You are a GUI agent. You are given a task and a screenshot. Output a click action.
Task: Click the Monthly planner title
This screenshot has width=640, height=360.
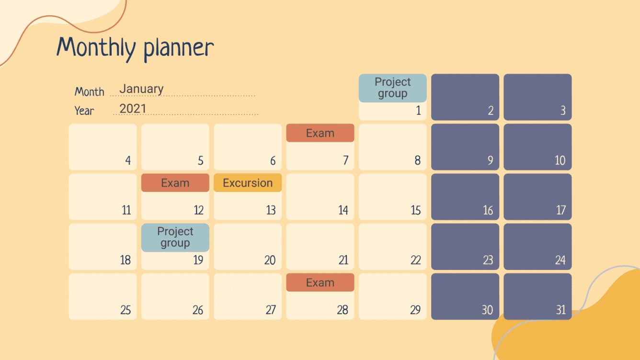click(135, 48)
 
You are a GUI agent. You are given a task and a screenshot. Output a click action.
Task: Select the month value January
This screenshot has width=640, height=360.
click(141, 89)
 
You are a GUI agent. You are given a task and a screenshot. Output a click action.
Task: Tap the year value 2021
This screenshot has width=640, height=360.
click(133, 108)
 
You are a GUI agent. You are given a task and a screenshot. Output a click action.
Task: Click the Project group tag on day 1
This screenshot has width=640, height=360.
click(392, 88)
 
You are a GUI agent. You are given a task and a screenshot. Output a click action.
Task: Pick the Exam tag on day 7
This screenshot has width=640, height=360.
click(320, 133)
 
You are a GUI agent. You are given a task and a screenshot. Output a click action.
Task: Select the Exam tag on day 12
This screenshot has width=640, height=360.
click(175, 183)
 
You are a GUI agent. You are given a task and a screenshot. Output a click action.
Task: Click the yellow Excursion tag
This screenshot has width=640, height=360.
click(248, 183)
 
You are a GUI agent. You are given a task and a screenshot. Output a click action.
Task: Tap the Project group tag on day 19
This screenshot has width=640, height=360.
click(175, 237)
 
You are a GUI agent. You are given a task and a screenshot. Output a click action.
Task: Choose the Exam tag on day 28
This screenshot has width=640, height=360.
click(320, 282)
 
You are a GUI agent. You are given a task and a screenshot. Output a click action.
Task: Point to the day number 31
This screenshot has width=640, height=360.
click(560, 310)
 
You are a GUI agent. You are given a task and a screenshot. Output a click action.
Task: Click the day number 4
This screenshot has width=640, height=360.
click(128, 160)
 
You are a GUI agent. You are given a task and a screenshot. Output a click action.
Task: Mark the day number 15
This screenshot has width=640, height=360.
click(415, 210)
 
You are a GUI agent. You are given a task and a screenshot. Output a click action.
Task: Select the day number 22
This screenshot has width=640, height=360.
click(415, 260)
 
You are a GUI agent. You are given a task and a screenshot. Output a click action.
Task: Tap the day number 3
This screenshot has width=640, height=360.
click(563, 111)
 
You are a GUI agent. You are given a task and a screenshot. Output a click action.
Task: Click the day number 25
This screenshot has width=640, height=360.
click(126, 310)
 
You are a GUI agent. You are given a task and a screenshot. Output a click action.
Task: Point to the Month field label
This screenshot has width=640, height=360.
click(90, 91)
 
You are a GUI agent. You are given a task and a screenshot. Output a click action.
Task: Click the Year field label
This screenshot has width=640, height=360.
click(84, 111)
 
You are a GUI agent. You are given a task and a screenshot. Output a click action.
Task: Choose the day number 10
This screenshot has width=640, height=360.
click(560, 160)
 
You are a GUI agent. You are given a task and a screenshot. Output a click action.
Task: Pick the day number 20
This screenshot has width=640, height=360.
click(270, 260)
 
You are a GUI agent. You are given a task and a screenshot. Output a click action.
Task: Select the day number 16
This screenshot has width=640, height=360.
click(488, 210)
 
